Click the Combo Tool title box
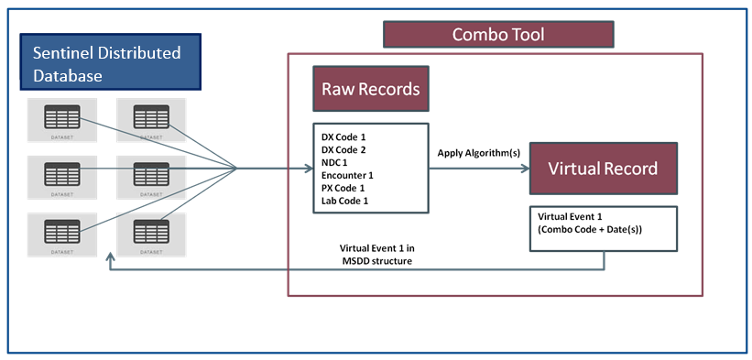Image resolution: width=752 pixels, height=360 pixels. point(497,35)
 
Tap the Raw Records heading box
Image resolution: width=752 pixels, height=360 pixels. point(370,90)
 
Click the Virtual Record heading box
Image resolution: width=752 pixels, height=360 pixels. point(603,169)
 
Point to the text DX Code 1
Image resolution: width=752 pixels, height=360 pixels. point(344,135)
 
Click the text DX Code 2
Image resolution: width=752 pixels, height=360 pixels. point(344,148)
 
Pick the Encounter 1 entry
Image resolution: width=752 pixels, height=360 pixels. point(348,174)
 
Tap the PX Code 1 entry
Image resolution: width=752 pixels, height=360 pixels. point(344,188)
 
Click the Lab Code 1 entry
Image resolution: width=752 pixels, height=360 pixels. point(345,201)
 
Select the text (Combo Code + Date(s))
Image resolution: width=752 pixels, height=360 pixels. point(591,228)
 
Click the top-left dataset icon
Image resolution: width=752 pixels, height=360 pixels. point(60,120)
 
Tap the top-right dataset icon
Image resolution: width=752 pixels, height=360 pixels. point(151,120)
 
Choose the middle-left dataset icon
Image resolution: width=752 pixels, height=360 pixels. point(60,175)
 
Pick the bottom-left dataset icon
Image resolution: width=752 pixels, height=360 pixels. point(60,233)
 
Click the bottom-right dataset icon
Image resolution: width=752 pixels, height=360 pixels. point(151,233)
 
